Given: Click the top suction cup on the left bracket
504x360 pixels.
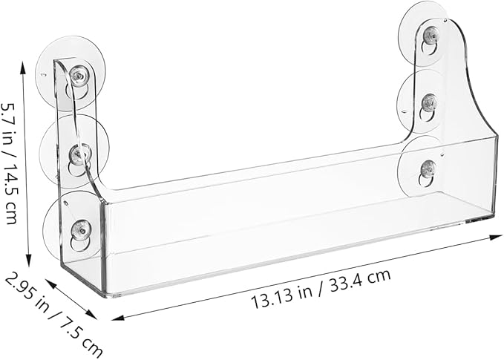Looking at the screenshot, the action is [x=71, y=73].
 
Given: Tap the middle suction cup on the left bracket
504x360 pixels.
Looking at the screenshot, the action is [x=74, y=151].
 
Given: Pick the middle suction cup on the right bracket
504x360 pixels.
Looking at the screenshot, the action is [x=422, y=101].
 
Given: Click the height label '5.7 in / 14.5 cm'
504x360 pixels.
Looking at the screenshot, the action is [x=9, y=163].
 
